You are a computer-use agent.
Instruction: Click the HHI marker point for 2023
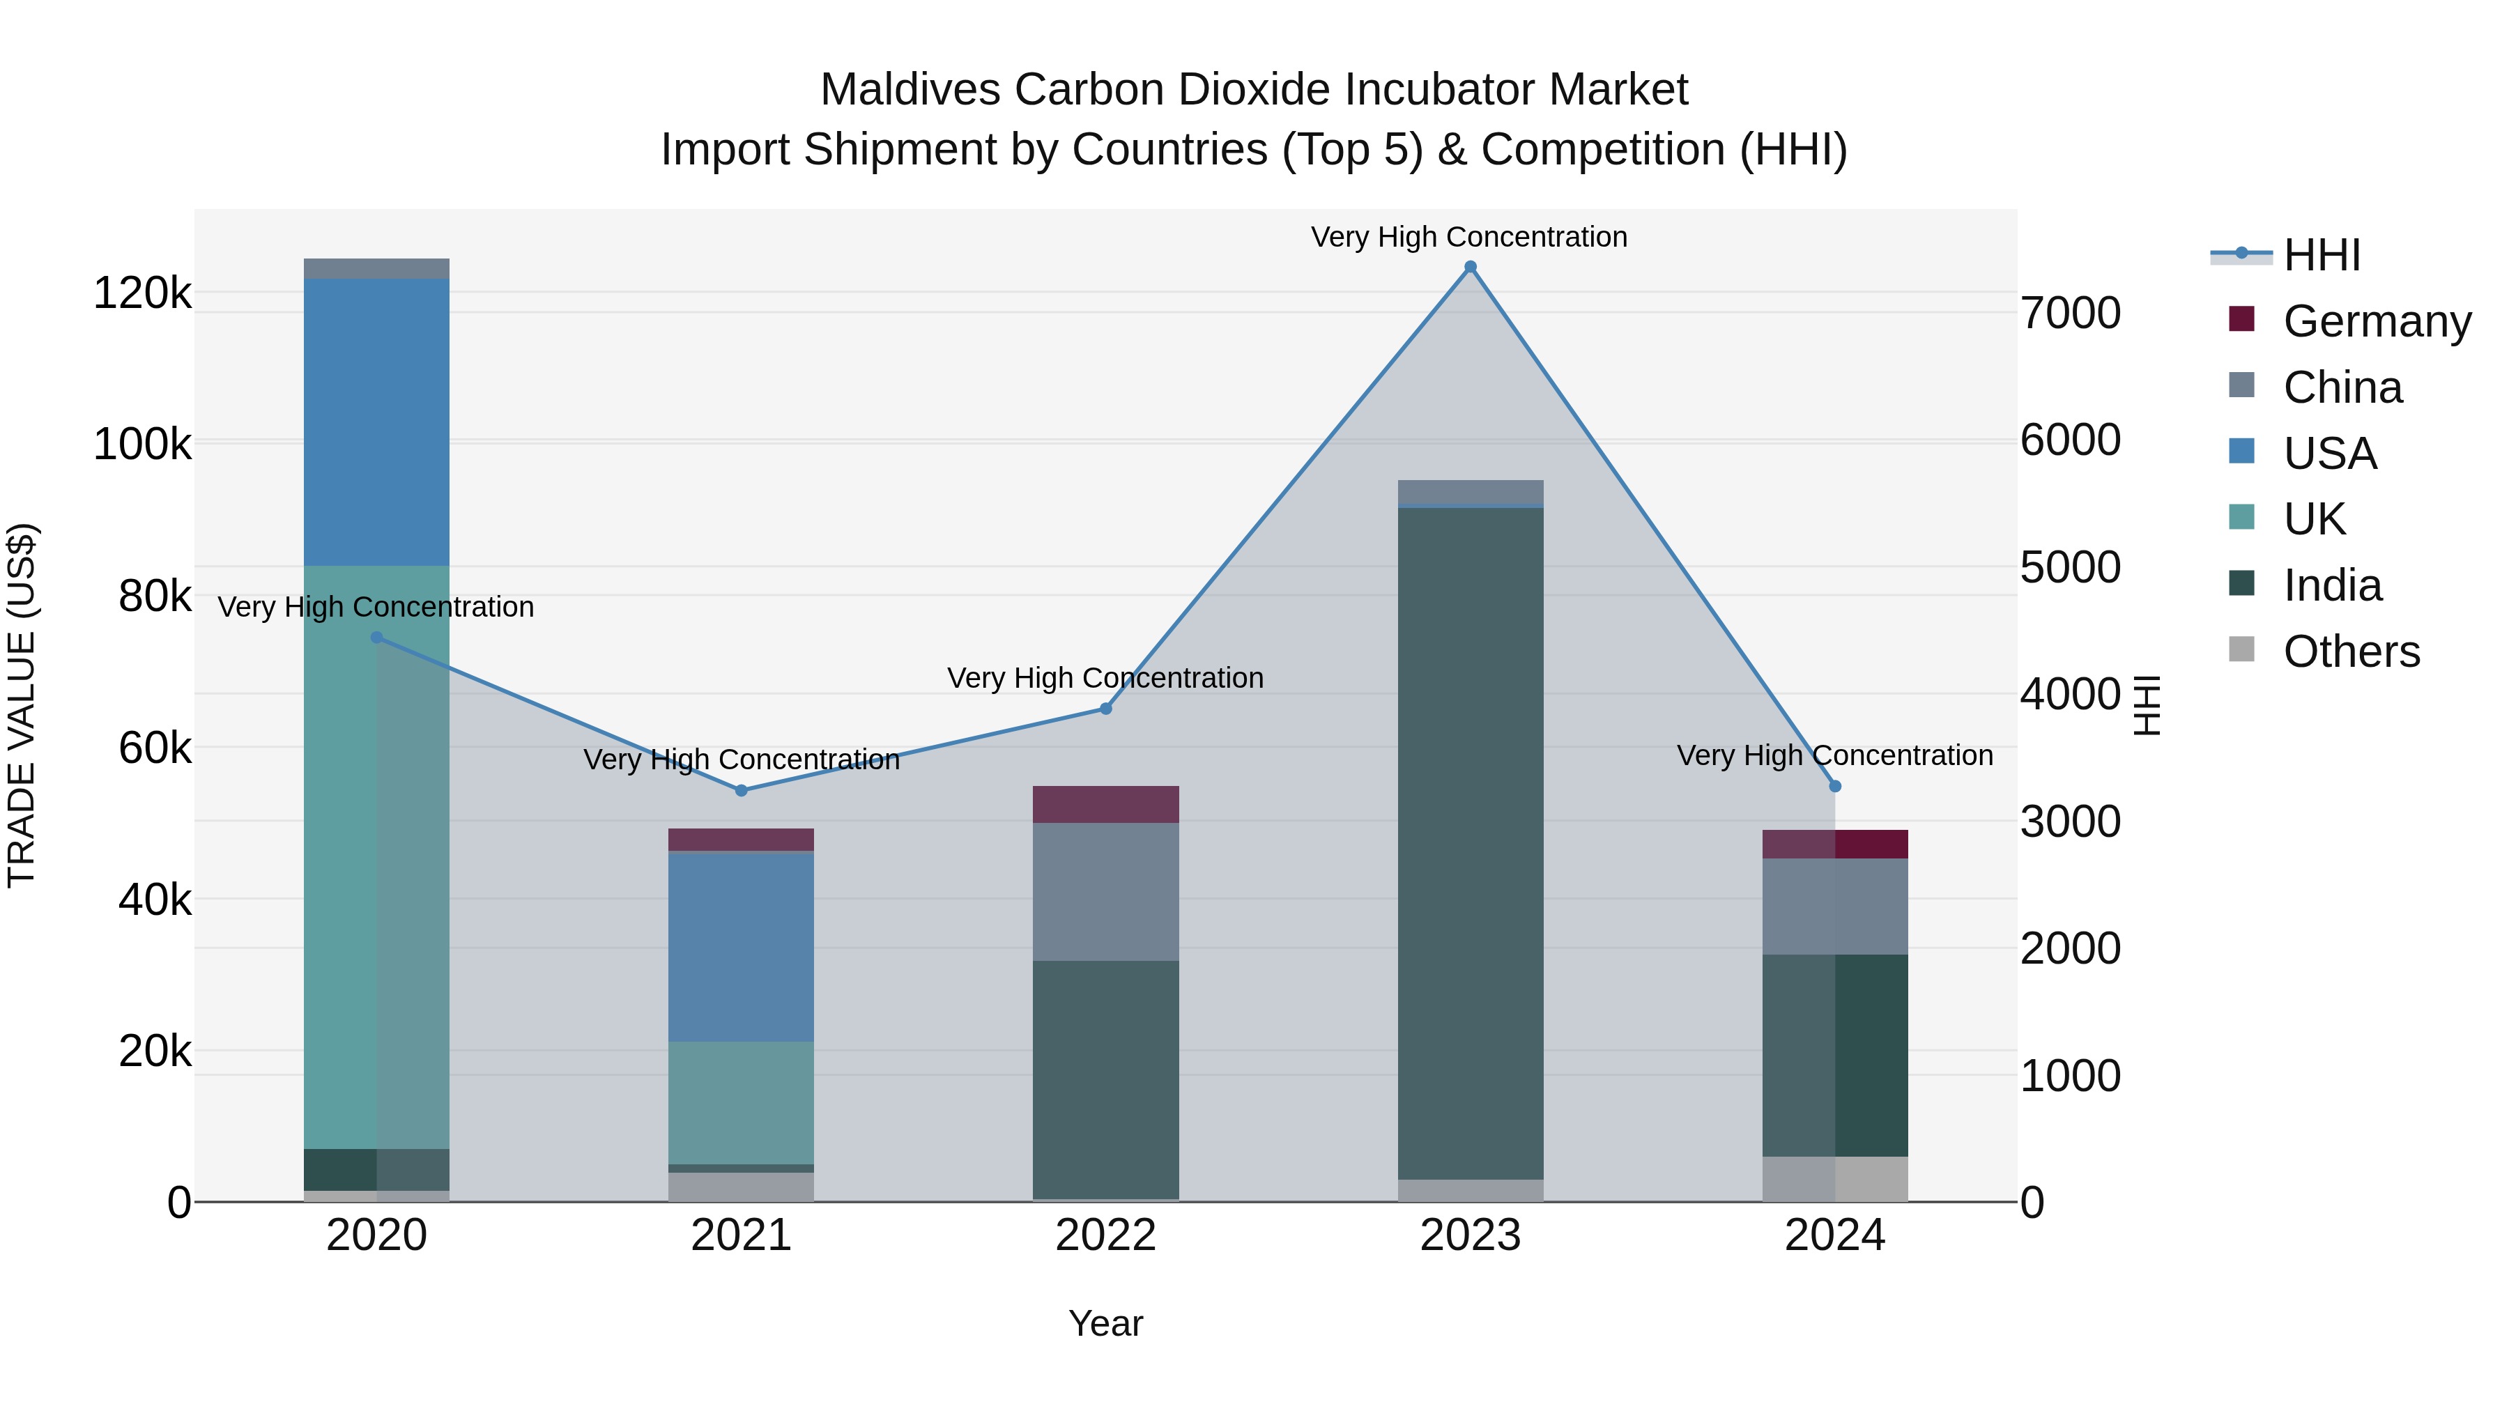[1470, 267]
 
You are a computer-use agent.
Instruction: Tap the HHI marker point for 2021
[742, 791]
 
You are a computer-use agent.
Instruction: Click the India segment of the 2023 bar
[1470, 842]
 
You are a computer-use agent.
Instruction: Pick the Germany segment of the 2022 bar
[1105, 804]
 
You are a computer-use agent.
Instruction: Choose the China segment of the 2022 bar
[1105, 891]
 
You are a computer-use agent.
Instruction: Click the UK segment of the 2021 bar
[742, 1102]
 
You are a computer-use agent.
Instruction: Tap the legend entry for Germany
[2376, 321]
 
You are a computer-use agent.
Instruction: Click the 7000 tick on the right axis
[2070, 314]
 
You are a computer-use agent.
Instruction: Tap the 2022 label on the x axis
[1105, 1235]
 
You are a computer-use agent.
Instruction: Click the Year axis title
[1105, 1323]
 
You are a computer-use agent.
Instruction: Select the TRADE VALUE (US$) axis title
[22, 705]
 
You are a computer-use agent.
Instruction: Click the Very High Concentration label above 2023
[1468, 237]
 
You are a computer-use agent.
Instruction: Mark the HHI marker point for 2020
[377, 638]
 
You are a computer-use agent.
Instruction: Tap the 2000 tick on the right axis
[2070, 948]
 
